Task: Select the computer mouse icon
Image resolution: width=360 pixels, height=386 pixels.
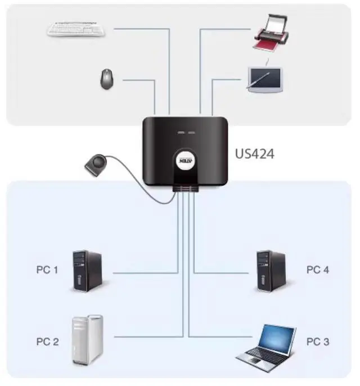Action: coord(106,79)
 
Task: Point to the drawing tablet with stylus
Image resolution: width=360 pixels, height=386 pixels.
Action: coord(265,79)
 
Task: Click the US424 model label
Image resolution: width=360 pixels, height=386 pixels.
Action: coord(254,152)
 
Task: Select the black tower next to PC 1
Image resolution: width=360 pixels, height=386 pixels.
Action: coord(87,271)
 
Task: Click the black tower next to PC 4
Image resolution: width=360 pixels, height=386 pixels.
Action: coord(271,271)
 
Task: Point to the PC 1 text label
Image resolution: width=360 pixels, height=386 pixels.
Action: coord(47,270)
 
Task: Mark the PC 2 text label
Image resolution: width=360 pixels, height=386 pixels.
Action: coord(47,342)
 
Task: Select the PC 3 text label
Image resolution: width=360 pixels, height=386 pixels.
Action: coord(318,342)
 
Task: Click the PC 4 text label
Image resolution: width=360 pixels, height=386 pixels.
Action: coord(318,270)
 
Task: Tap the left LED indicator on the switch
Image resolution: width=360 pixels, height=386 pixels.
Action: coord(180,133)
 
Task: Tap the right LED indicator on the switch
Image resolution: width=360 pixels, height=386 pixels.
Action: coord(191,133)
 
